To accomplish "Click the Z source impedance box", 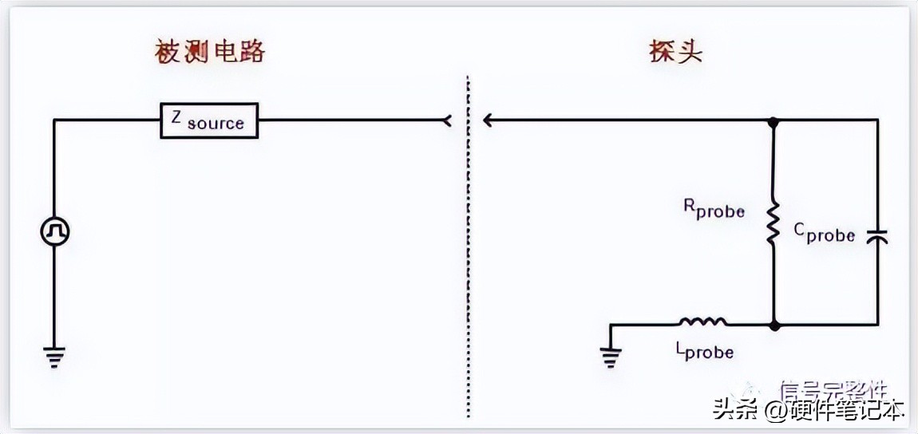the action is (209, 120).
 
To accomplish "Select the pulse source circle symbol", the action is (55, 232).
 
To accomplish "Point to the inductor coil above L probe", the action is (703, 322).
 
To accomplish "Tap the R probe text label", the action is (714, 209).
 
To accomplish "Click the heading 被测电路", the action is (209, 52).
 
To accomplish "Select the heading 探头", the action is (675, 52).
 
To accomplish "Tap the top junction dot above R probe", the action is (773, 121).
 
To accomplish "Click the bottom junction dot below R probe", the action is (773, 325).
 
